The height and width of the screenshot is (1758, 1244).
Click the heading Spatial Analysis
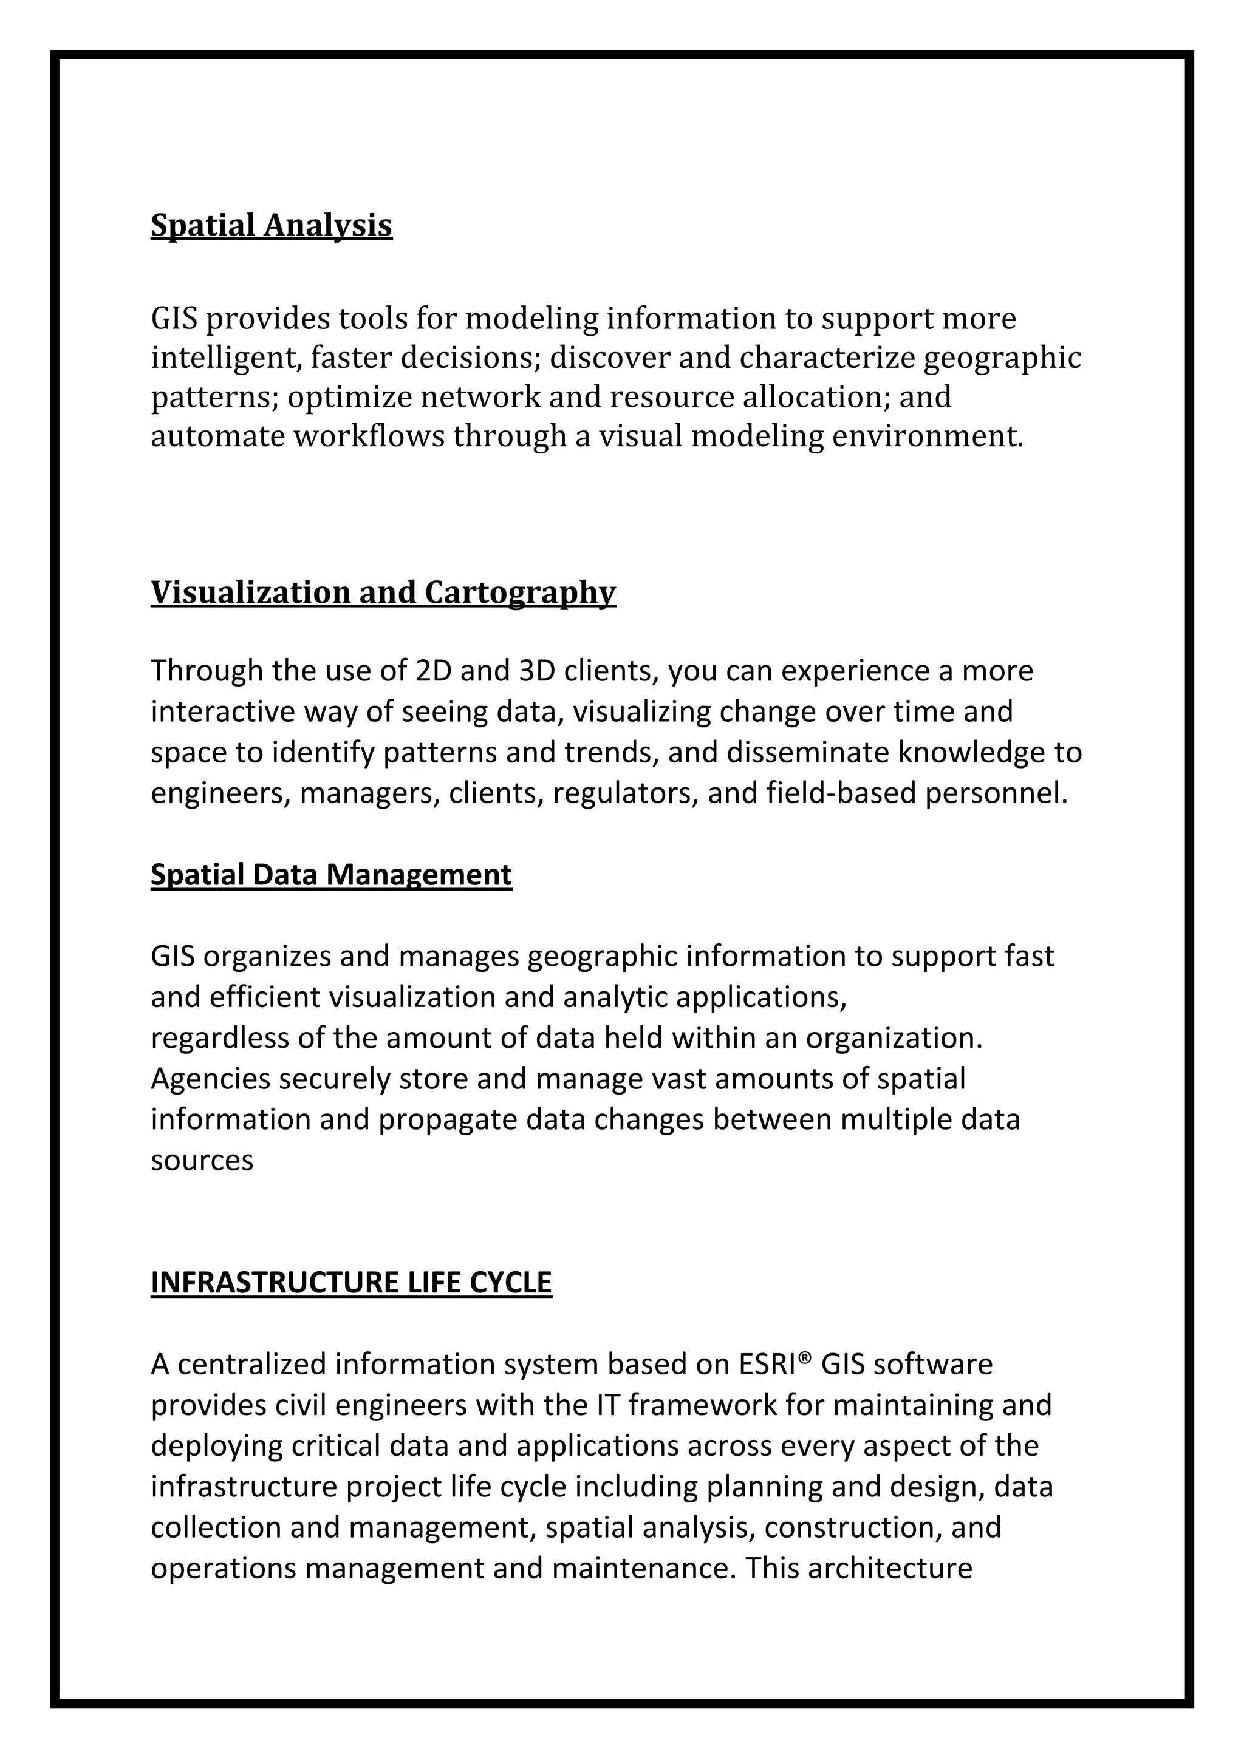click(x=271, y=225)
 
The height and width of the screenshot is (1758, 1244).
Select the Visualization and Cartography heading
click(x=383, y=592)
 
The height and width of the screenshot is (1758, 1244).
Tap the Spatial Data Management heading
click(x=331, y=874)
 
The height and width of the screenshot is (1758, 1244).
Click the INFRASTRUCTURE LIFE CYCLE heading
click(x=351, y=1281)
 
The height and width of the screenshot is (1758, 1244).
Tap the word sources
click(x=202, y=1159)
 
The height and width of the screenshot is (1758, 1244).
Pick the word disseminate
click(x=807, y=752)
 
